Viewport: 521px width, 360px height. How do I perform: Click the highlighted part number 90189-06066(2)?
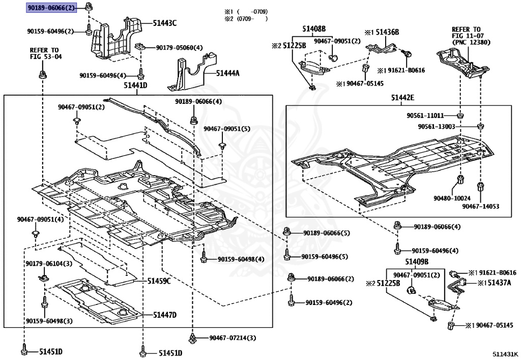pos(52,7)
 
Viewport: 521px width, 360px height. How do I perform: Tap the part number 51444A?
pos(227,73)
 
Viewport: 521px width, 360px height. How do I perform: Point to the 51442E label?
pos(402,97)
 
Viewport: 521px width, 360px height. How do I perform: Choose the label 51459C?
pos(159,281)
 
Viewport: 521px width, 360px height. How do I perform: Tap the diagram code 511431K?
pos(505,353)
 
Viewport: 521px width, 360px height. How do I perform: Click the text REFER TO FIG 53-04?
pos(45,53)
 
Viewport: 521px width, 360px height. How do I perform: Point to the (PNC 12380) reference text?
pos(471,43)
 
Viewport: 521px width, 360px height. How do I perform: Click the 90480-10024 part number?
pos(452,198)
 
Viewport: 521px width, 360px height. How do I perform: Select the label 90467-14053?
pos(480,206)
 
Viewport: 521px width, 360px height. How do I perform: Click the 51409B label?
pos(417,262)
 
